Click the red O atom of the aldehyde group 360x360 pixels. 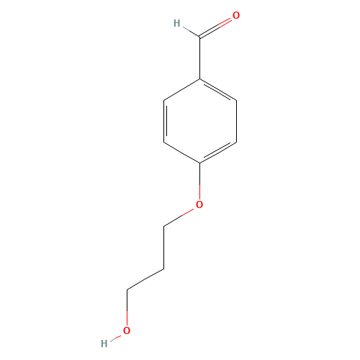[x=236, y=15]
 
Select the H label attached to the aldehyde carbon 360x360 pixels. [x=176, y=24]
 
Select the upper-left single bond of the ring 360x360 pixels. [x=181, y=89]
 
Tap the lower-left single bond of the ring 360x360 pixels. [x=181, y=152]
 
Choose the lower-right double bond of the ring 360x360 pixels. [x=218, y=152]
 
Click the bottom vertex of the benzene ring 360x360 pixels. [x=199, y=163]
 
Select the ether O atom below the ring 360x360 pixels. [x=199, y=205]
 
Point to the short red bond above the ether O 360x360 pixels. [x=199, y=189]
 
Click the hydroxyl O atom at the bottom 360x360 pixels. [x=127, y=331]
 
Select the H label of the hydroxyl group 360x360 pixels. [x=104, y=343]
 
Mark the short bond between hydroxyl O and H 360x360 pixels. [x=115, y=338]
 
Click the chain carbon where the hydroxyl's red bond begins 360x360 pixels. [x=127, y=290]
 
